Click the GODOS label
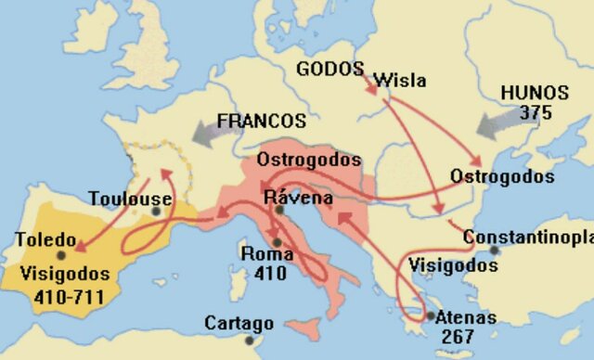click(329, 69)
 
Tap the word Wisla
click(399, 81)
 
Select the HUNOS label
click(535, 93)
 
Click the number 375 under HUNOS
click(536, 112)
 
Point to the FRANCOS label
click(261, 122)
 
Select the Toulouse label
click(131, 199)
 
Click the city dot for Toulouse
click(157, 212)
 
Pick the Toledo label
click(45, 239)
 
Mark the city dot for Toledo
click(61, 254)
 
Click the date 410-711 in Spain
click(58, 297)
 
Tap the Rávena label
click(293, 197)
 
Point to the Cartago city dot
click(250, 340)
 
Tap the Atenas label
click(465, 317)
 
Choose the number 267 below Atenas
click(457, 336)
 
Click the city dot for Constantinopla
click(495, 251)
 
